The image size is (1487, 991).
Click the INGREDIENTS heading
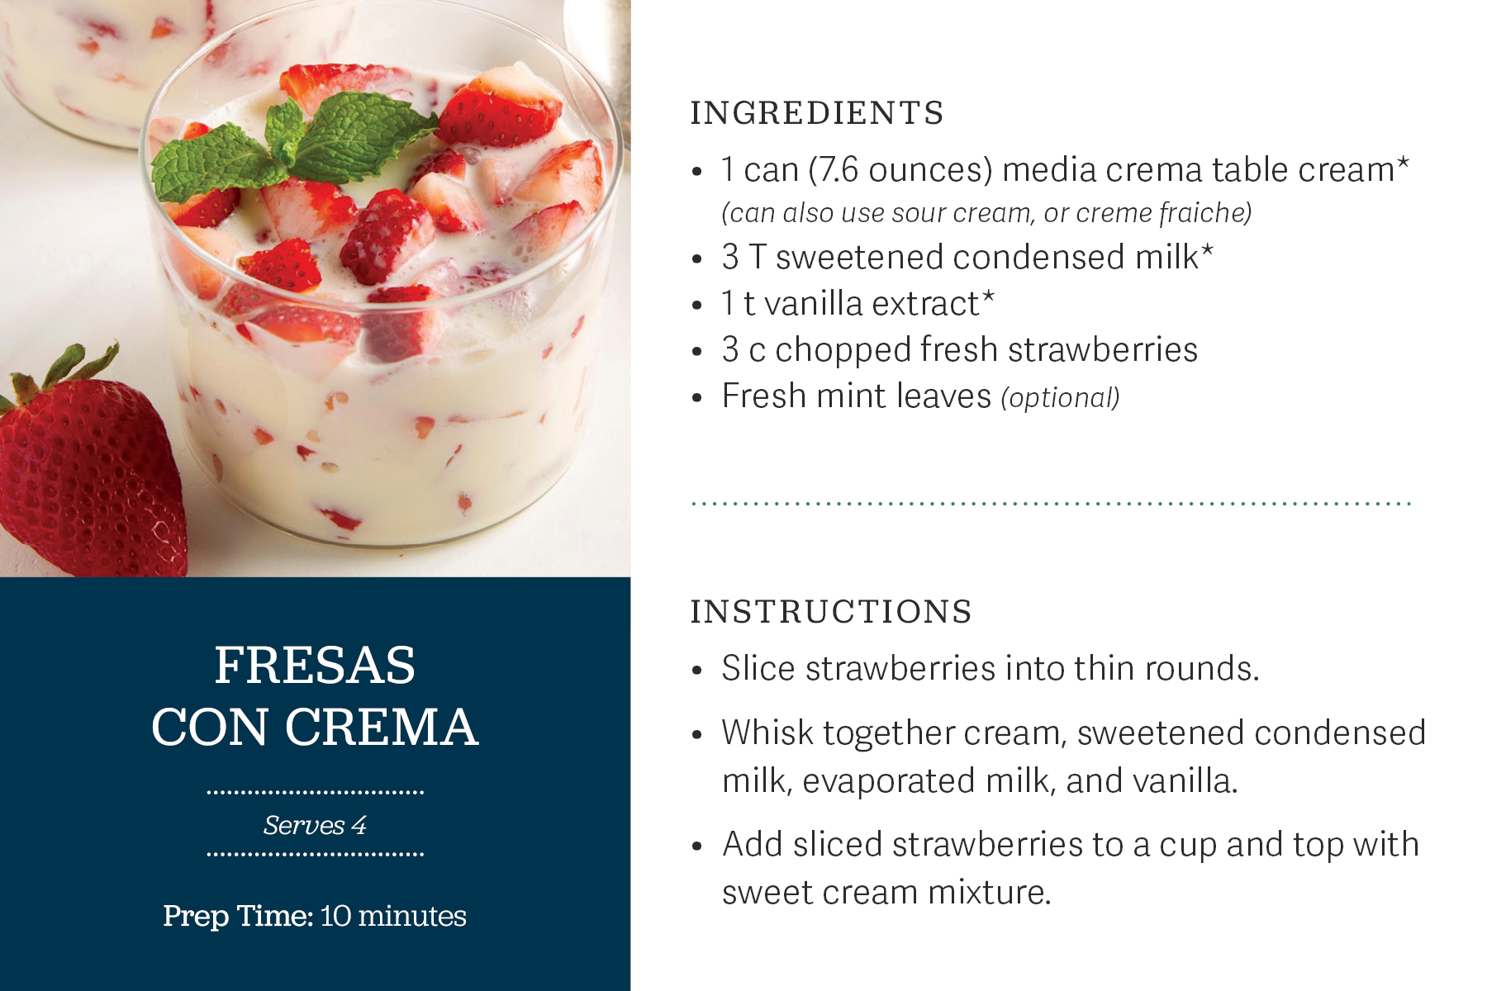point(816,113)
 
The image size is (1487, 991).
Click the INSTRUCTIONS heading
point(830,612)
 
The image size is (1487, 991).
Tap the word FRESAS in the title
point(315,666)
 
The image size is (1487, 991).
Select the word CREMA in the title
point(381,728)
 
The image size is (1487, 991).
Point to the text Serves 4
point(315,825)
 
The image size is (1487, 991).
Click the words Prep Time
point(237,916)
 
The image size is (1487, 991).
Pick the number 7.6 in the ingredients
point(839,170)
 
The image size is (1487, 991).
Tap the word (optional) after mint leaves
point(1060,398)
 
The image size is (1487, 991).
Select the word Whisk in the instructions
point(767,733)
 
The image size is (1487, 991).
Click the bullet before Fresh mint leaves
point(697,398)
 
